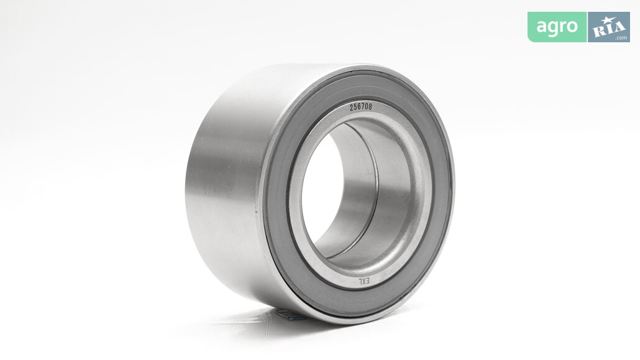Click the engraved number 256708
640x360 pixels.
coord(361,107)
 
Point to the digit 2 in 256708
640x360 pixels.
coord(352,108)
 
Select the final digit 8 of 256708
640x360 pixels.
coord(370,107)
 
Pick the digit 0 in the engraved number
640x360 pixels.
coord(367,107)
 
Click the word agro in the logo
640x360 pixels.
coord(557,27)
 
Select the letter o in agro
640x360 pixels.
coord(572,27)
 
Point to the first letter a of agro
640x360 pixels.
coord(541,27)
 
